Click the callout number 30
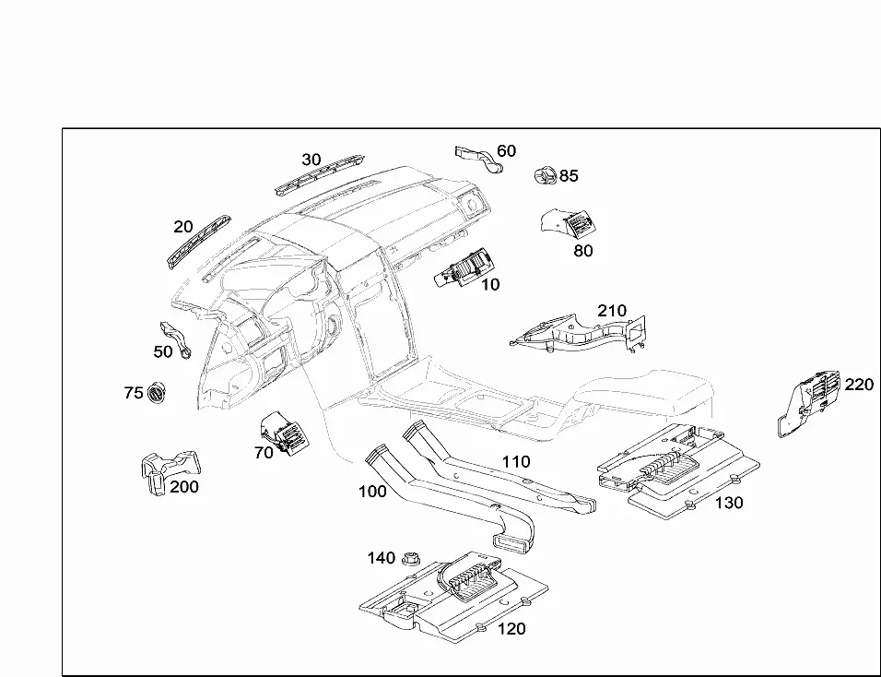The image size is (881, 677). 311,160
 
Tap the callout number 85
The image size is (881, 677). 569,176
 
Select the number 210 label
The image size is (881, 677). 611,311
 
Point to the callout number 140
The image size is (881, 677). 381,558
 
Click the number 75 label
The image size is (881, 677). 134,393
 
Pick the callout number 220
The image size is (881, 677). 859,385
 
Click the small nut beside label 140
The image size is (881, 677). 409,558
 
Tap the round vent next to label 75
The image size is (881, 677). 157,392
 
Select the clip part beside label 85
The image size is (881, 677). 545,175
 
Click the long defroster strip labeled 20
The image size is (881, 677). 199,242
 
